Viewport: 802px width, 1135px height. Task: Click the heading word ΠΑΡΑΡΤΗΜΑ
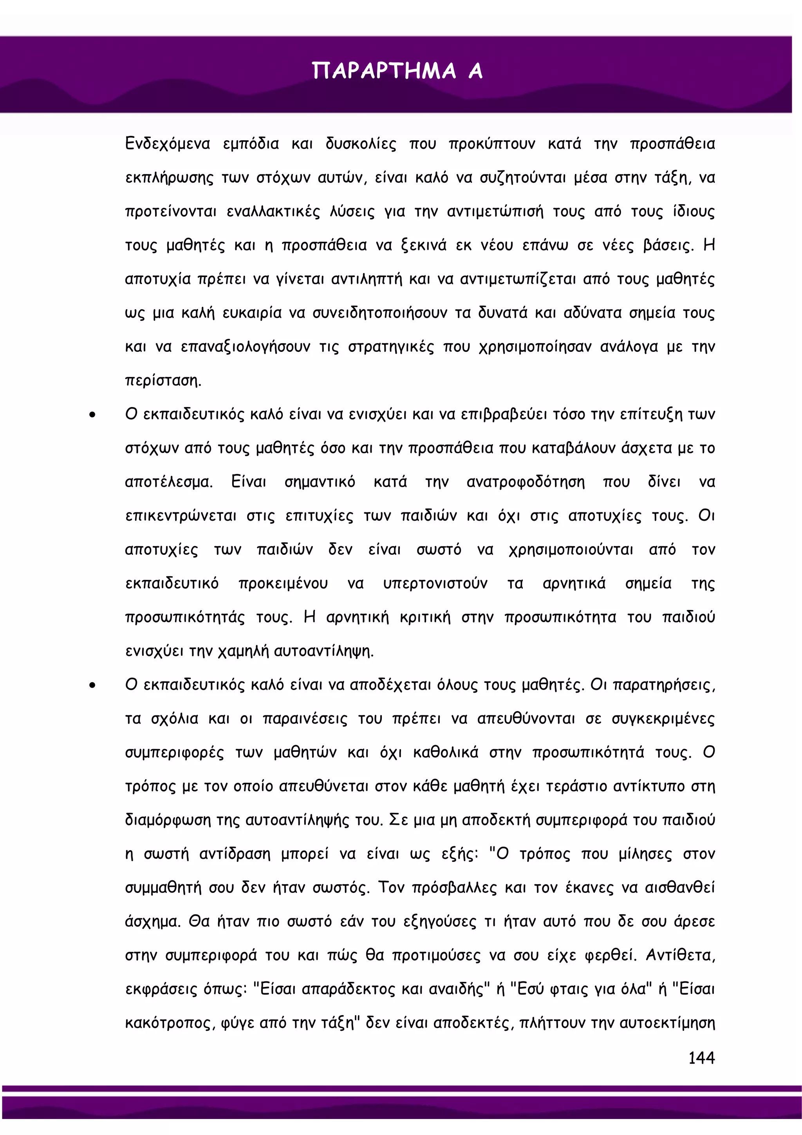[384, 71]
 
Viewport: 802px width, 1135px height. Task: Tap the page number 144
[701, 1058]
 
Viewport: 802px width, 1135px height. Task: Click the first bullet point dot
[92, 415]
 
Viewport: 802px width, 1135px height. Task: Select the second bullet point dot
[92, 685]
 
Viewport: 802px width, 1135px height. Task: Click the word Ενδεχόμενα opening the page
[168, 144]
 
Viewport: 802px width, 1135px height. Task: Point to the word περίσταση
[163, 381]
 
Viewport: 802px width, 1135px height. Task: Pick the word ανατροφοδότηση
[525, 482]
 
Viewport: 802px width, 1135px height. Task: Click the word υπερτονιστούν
[435, 584]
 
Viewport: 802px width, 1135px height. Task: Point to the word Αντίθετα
[680, 956]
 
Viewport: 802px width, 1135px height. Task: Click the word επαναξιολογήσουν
[246, 347]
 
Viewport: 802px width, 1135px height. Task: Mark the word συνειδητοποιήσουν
[379, 313]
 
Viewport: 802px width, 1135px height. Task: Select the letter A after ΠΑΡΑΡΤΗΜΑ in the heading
[475, 71]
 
